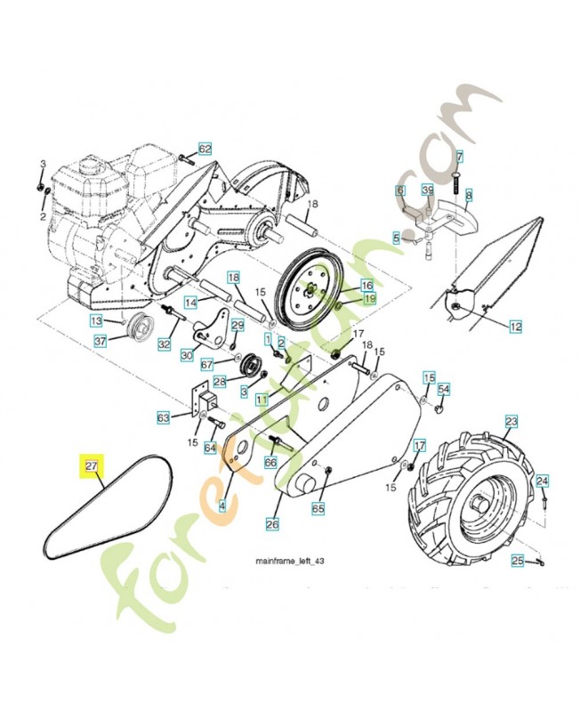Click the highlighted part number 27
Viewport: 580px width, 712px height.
(91, 465)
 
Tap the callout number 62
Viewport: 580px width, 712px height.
(205, 150)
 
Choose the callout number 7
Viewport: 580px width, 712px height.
(459, 157)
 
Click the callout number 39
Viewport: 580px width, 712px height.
(427, 191)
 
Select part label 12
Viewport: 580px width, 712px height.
(515, 328)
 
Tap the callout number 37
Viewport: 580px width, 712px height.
(101, 340)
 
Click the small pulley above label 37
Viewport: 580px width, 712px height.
(138, 325)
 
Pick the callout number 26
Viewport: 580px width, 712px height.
(272, 525)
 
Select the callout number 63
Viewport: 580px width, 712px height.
(163, 417)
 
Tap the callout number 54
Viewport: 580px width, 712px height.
(443, 390)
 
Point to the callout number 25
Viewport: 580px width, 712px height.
(516, 560)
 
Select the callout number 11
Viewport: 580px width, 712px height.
(261, 400)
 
